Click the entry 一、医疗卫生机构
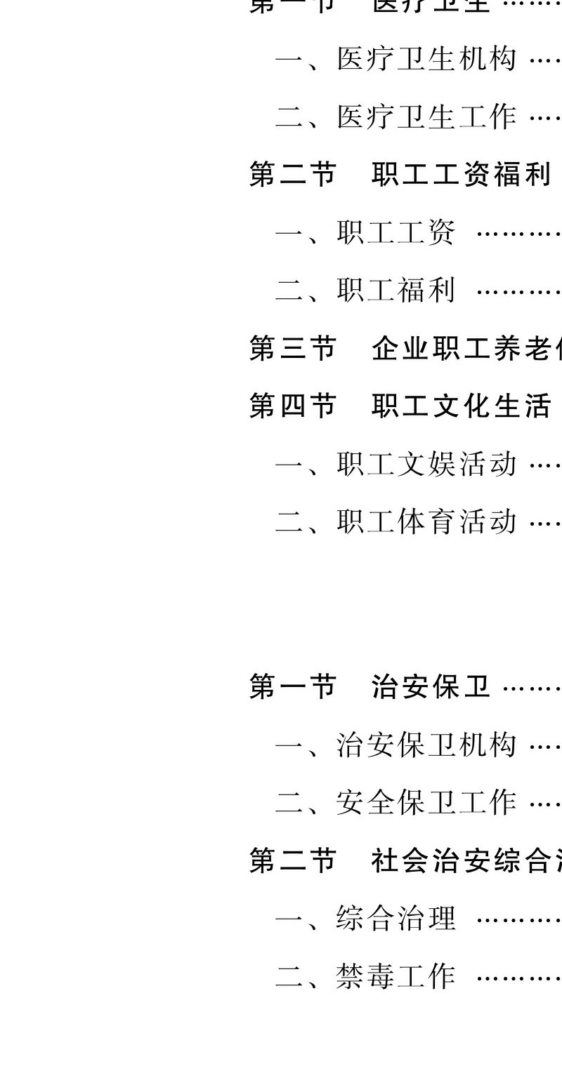[396, 59]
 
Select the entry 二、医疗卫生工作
[396, 117]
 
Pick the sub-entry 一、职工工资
[366, 232]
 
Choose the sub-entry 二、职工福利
[366, 290]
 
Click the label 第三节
[293, 348]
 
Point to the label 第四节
[293, 406]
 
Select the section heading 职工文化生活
[462, 406]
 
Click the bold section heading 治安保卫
[431, 686]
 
